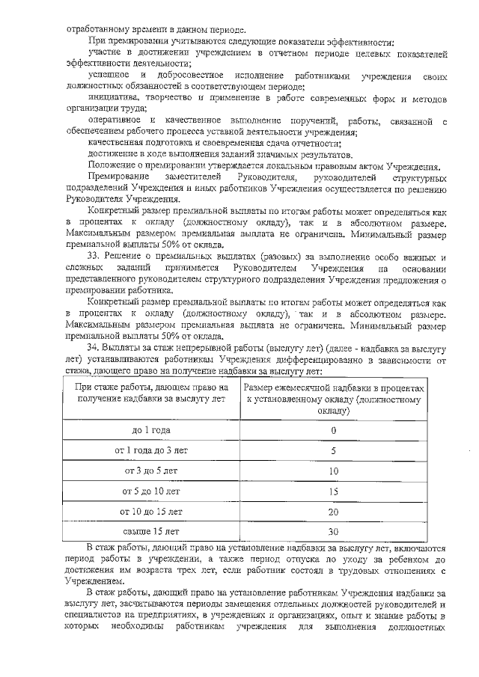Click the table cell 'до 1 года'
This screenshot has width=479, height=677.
point(151,431)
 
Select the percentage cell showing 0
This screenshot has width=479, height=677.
point(333,431)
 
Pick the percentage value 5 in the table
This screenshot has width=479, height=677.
point(333,451)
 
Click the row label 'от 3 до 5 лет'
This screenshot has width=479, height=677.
point(151,471)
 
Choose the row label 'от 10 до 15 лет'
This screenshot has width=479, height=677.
point(151,512)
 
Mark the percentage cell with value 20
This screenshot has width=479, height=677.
point(333,512)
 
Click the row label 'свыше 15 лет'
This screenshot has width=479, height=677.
point(151,532)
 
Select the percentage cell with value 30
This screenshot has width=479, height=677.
point(333,532)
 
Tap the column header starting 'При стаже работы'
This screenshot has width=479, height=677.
point(151,394)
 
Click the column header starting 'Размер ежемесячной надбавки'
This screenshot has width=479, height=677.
point(333,400)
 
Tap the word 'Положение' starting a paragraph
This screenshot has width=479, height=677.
point(111,165)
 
